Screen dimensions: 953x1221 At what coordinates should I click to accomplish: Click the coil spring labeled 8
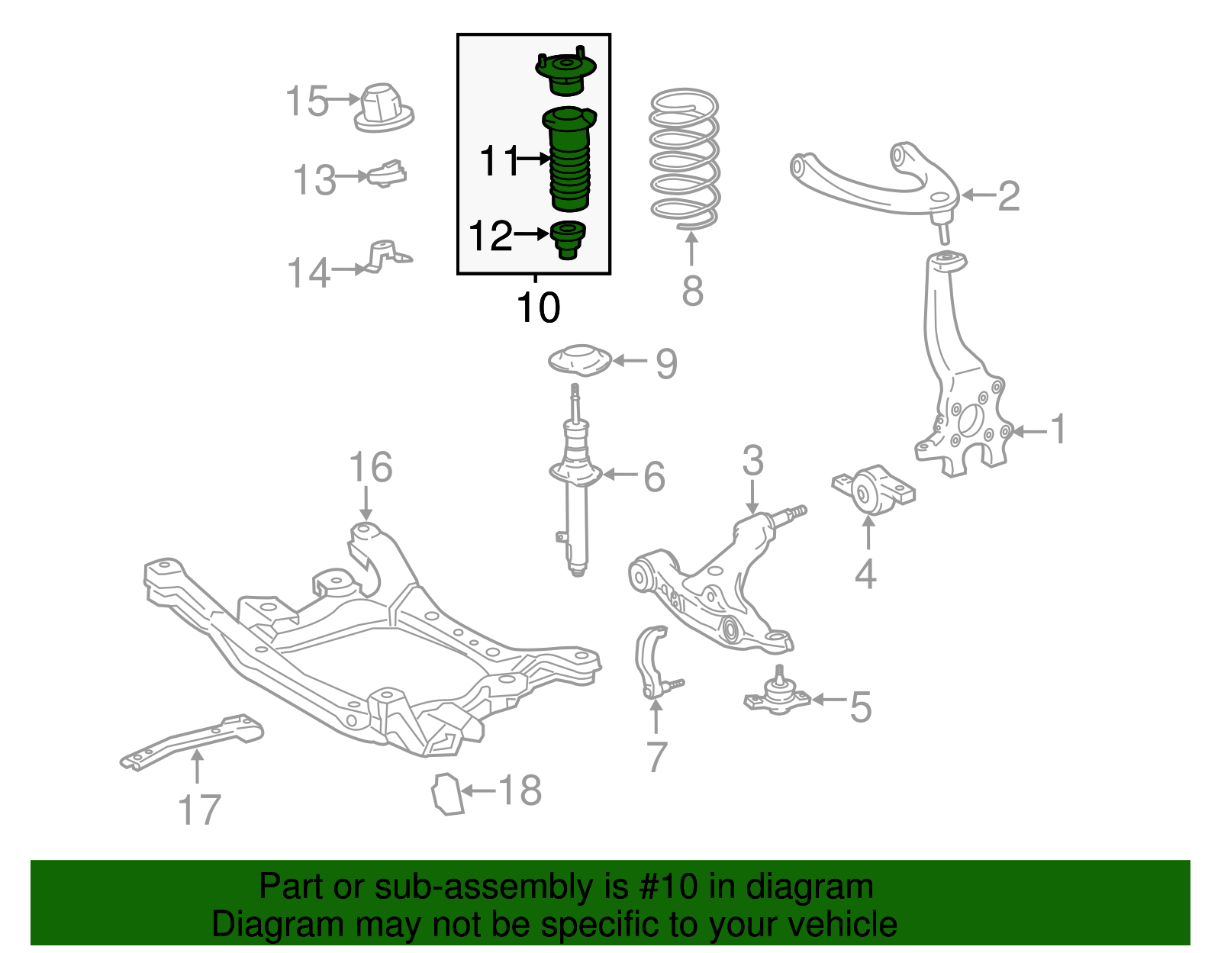(684, 160)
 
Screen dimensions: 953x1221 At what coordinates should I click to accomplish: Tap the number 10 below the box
(538, 307)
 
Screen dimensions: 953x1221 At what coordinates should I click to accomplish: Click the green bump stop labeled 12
(567, 239)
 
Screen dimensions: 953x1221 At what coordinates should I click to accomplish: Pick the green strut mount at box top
(565, 72)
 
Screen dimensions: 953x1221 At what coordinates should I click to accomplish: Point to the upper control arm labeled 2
(870, 183)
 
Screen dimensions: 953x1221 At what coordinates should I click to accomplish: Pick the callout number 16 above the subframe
(371, 467)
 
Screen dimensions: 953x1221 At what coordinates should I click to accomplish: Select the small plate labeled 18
(447, 794)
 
